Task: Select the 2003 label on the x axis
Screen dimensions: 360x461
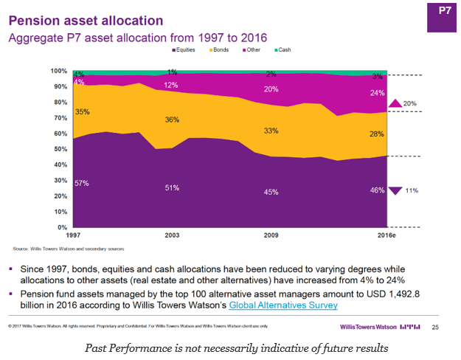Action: [170, 236]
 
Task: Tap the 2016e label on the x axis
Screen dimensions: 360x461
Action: [376, 236]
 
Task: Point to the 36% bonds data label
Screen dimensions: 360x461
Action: [170, 120]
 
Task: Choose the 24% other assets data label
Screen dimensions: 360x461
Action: [376, 93]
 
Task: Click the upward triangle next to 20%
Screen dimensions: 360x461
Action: [395, 104]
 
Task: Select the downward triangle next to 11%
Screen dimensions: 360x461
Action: [395, 190]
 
